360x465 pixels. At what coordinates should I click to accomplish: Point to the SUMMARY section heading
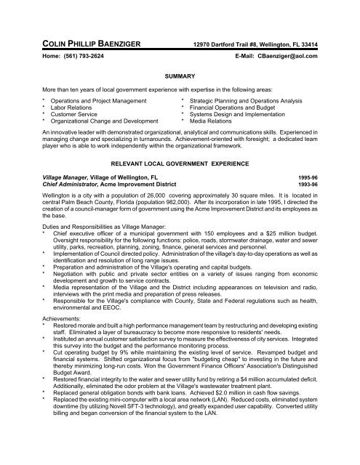[180, 75]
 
